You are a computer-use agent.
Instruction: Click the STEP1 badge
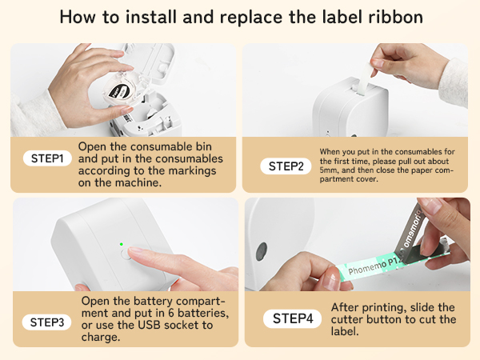point(47,158)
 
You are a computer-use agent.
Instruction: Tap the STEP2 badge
point(286,166)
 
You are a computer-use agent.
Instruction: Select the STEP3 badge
point(47,322)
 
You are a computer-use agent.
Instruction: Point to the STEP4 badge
point(292,318)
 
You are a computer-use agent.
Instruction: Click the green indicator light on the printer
point(122,244)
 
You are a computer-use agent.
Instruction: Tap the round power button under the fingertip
point(126,254)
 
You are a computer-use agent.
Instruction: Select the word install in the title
point(151,17)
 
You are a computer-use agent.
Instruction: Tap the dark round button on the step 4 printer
point(262,252)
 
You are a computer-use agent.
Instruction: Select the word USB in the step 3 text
point(149,325)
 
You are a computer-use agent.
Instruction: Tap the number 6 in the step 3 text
point(171,313)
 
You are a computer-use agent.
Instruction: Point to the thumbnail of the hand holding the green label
point(358,244)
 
